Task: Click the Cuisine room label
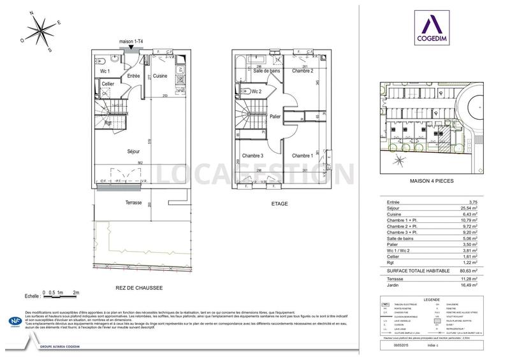160,76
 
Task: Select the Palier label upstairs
275,117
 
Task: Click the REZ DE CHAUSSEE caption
139,288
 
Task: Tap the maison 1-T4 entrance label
132,43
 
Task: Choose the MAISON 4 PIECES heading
430,182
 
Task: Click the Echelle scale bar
61,294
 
